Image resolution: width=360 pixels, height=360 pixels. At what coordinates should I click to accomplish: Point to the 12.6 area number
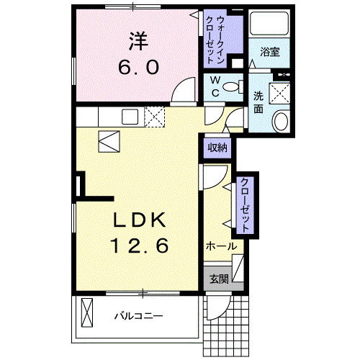click(x=139, y=246)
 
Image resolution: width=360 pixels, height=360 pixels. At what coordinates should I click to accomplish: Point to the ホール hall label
click(x=221, y=246)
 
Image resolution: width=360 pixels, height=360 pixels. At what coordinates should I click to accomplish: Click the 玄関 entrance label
click(x=217, y=279)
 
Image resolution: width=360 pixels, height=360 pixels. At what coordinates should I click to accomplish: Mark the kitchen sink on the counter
click(x=130, y=117)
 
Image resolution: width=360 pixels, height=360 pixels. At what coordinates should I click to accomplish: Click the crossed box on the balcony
click(x=89, y=315)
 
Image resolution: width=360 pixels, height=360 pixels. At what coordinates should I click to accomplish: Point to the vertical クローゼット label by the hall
click(x=245, y=205)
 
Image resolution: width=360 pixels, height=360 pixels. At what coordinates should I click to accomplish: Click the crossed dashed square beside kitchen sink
click(x=155, y=117)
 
